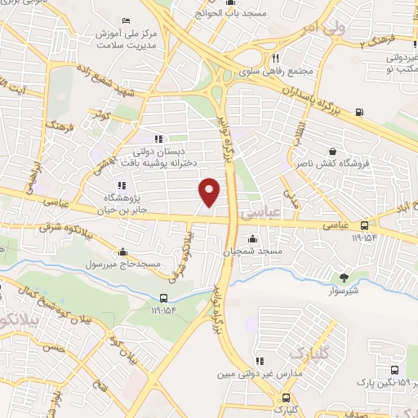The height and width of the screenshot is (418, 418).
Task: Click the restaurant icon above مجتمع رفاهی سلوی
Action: pyautogui.click(x=276, y=58)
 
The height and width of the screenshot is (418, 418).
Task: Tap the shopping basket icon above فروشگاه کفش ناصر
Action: pyautogui.click(x=332, y=151)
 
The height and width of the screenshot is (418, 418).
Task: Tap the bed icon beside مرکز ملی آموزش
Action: pyautogui.click(x=125, y=20)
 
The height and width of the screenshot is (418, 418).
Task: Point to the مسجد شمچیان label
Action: pyautogui.click(x=255, y=252)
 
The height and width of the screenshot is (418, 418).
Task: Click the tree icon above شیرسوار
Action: pyautogui.click(x=343, y=278)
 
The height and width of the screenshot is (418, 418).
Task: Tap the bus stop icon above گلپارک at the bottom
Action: pyautogui.click(x=278, y=397)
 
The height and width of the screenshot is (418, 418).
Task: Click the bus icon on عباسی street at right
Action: pyautogui.click(x=364, y=226)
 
